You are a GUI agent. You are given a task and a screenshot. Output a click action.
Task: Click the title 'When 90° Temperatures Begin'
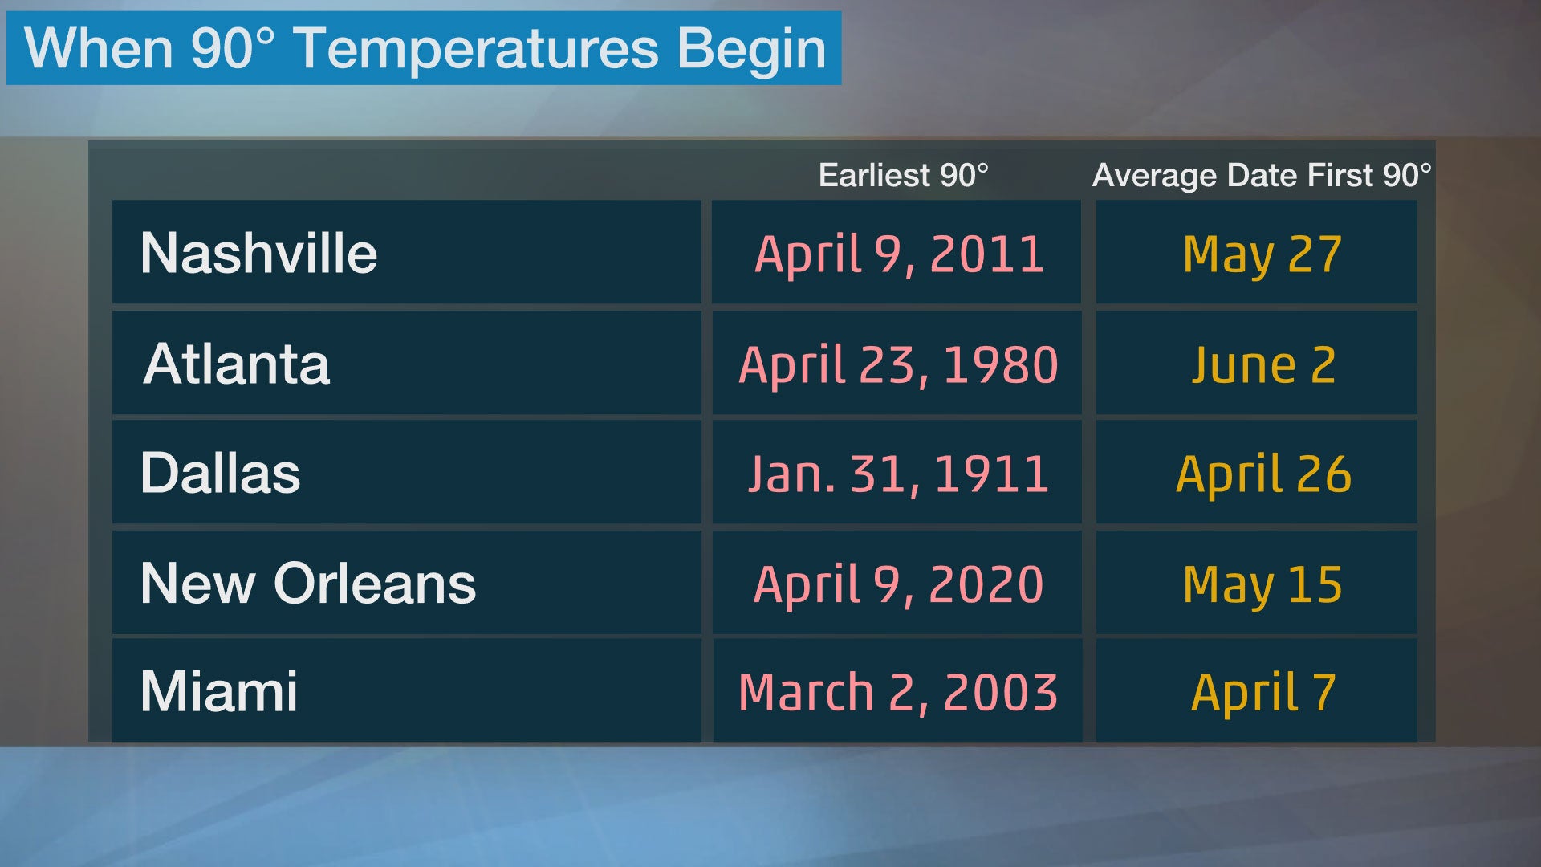click(x=425, y=48)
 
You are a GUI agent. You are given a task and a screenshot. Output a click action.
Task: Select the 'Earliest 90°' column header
click(x=904, y=175)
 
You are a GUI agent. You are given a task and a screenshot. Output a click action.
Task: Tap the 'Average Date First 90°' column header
click(x=1262, y=176)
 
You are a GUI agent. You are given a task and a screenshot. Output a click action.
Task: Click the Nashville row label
click(x=258, y=253)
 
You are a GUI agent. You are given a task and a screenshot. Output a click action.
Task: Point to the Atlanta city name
click(x=237, y=364)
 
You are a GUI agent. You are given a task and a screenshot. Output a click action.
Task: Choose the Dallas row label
click(x=221, y=473)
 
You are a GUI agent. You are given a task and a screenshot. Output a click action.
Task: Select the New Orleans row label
click(x=308, y=583)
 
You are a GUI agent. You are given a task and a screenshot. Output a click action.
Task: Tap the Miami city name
click(x=219, y=691)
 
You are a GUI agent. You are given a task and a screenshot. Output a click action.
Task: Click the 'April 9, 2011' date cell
click(x=899, y=255)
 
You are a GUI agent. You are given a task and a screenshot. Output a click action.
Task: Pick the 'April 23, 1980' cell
click(x=899, y=365)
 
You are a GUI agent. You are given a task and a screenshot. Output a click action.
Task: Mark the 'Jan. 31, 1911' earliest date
click(x=898, y=474)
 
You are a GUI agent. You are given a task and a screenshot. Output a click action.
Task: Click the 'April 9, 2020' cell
click(x=899, y=584)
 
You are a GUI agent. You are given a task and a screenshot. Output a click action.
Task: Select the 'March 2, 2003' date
click(x=898, y=693)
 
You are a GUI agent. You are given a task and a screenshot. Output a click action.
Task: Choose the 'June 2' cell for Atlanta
click(x=1263, y=365)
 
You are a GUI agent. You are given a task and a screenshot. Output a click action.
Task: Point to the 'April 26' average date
click(x=1263, y=474)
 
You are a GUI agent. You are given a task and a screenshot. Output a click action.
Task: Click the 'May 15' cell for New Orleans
click(x=1262, y=585)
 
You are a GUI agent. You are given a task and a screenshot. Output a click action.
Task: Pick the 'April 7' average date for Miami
click(x=1263, y=694)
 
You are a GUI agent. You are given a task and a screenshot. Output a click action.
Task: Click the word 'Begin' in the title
click(x=752, y=50)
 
